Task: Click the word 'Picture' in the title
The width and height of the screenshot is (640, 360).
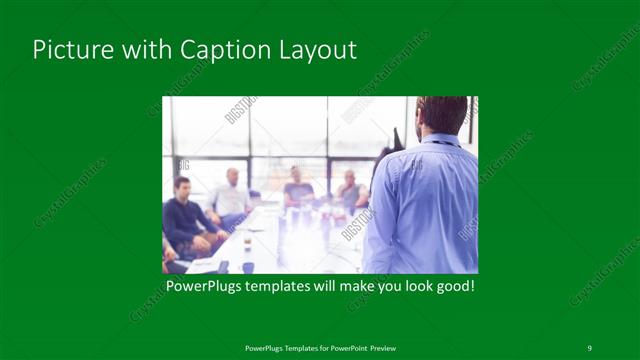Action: [x=65, y=50]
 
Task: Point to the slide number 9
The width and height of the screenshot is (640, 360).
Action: [x=589, y=347]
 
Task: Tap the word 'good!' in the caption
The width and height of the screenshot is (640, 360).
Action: [x=452, y=287]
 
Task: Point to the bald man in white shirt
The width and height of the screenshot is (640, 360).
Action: [x=232, y=195]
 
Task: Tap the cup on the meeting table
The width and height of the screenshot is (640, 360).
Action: [x=247, y=243]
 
